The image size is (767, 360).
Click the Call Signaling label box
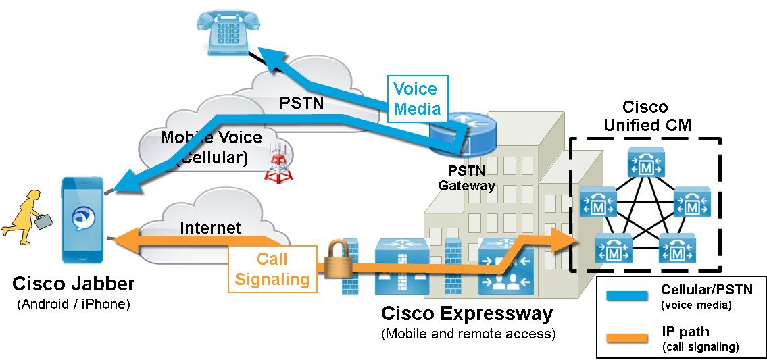tap(272, 269)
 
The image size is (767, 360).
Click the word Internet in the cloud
tap(210, 228)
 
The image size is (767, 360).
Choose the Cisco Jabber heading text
tap(73, 284)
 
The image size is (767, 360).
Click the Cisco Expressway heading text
tap(466, 314)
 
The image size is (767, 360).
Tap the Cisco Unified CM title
tap(644, 116)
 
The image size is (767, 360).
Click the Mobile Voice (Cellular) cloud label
tap(211, 147)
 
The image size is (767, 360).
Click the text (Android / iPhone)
tap(73, 305)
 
